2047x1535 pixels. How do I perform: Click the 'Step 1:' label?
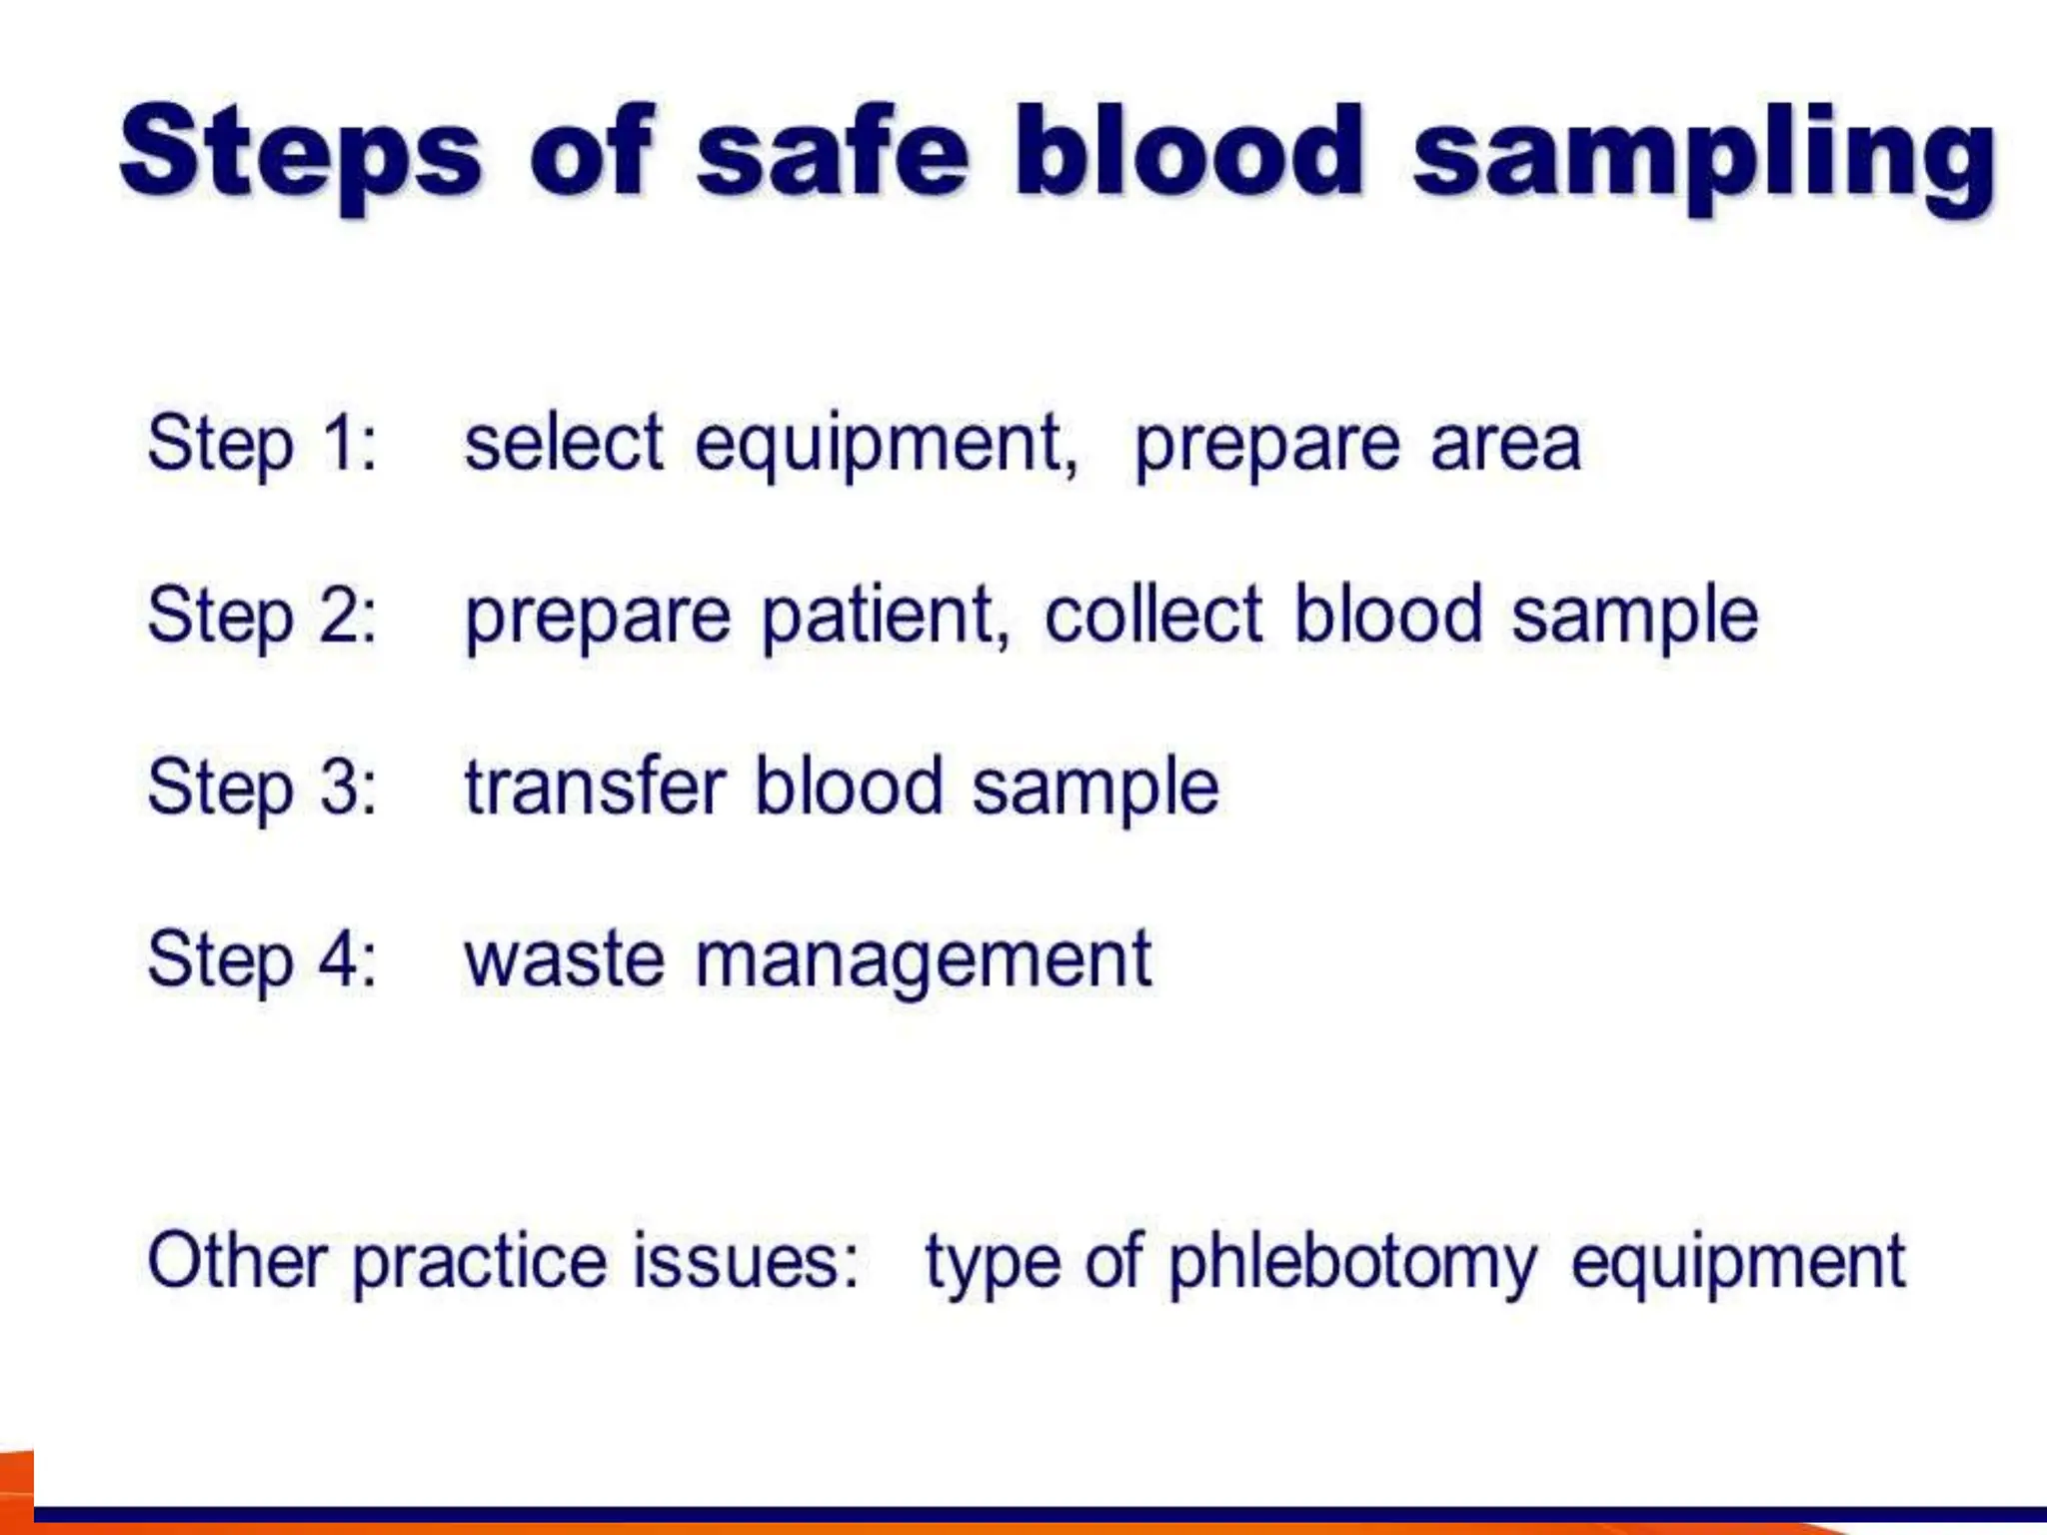pos(262,443)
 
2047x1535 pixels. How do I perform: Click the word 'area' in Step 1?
pos(1505,445)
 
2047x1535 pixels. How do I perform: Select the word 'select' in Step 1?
pos(564,443)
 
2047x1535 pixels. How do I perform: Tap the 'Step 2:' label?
pos(262,615)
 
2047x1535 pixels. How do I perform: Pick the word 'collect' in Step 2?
pos(1153,615)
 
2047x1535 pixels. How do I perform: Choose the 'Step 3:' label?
pos(262,786)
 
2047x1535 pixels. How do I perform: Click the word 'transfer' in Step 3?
pos(595,786)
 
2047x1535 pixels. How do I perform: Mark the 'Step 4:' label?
pos(262,958)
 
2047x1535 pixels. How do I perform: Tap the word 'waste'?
pos(565,958)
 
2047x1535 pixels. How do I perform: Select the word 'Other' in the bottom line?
pos(237,1260)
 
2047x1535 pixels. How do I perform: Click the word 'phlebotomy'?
pos(1352,1262)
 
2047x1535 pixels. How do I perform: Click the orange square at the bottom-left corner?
pos(16,1489)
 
